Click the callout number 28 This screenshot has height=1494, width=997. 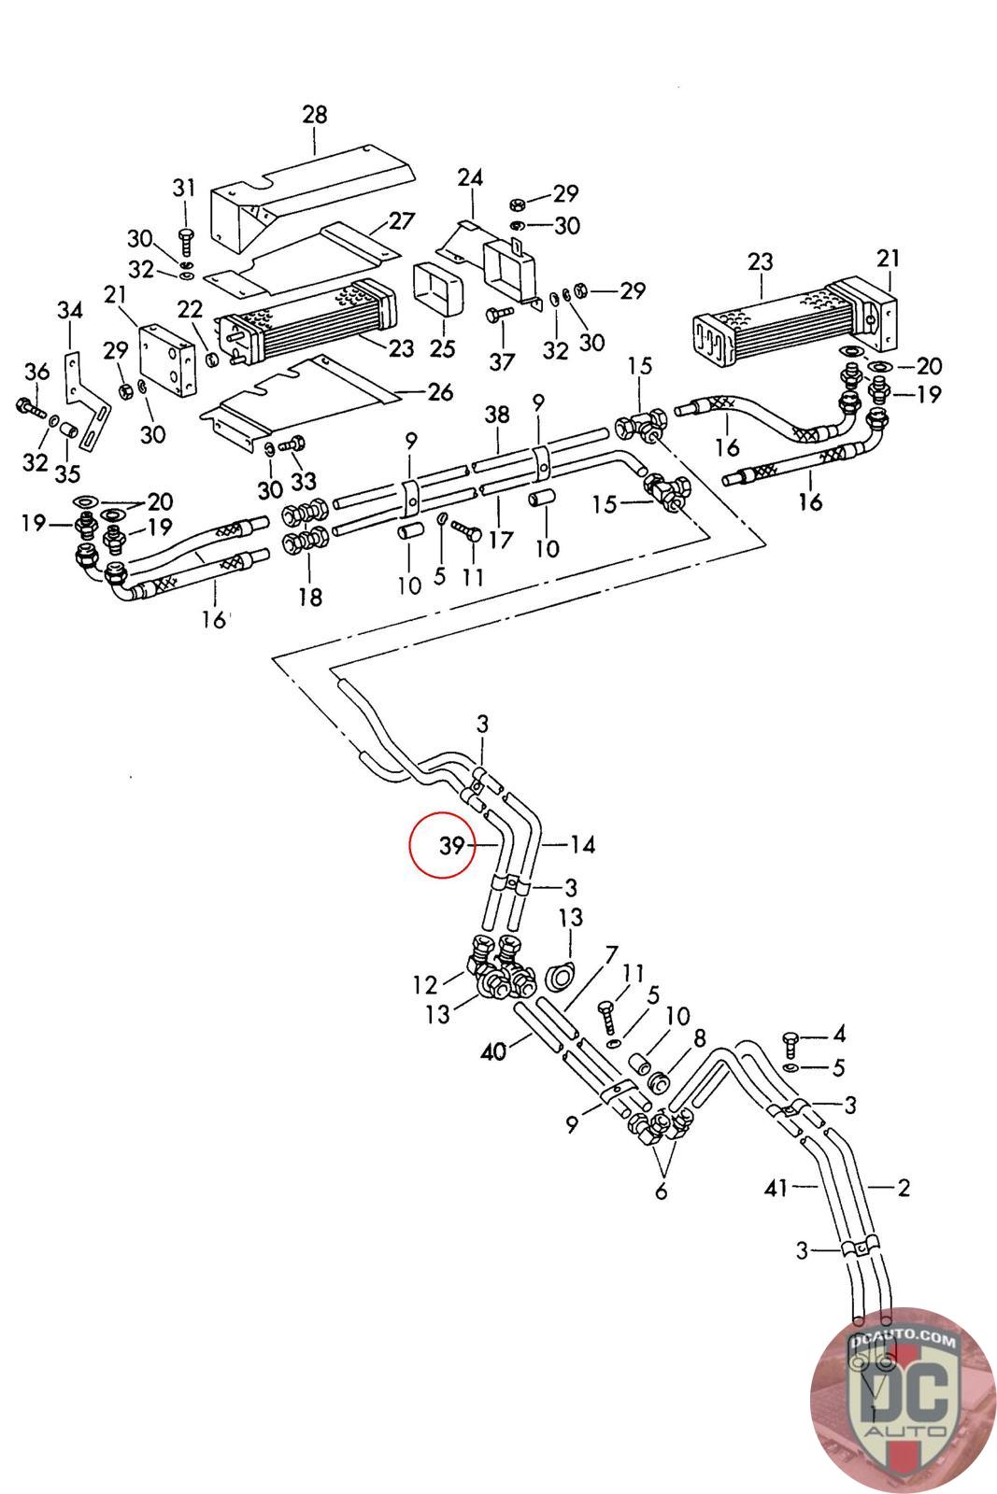click(x=315, y=115)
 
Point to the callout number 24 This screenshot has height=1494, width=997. click(x=470, y=177)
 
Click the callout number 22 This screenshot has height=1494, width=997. click(x=190, y=309)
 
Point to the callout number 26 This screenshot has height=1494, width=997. click(x=440, y=391)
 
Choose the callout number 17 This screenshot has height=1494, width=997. click(x=501, y=540)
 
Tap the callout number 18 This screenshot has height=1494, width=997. click(x=309, y=596)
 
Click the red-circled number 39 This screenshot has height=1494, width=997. click(x=452, y=845)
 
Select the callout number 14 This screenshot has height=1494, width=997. click(x=582, y=845)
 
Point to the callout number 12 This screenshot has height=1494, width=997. click(x=425, y=984)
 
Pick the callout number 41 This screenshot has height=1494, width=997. click(x=776, y=1188)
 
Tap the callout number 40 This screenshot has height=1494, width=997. click(x=493, y=1051)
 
